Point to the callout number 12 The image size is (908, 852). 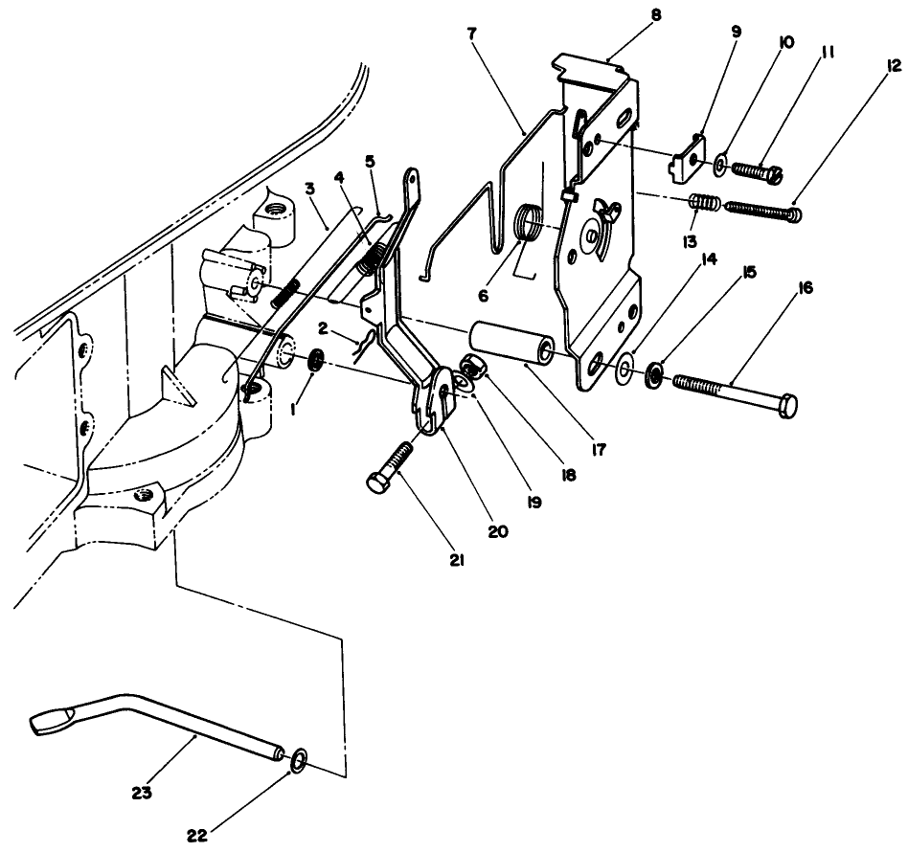(895, 66)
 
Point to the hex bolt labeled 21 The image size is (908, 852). (388, 471)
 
